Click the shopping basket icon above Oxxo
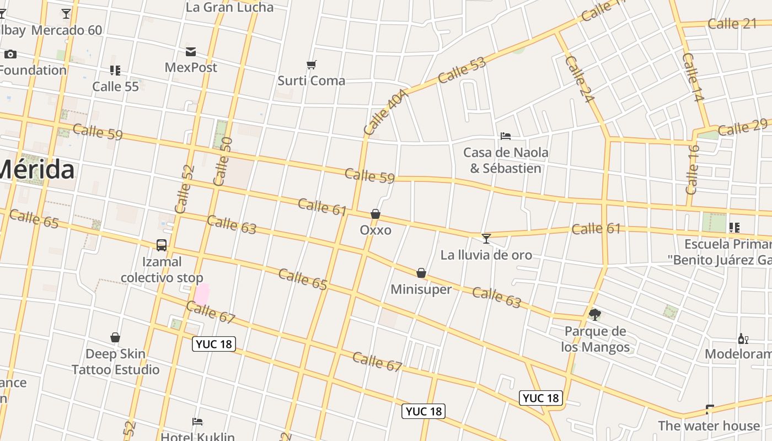coord(376,214)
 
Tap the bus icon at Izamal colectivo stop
coord(162,245)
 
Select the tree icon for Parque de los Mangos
coord(594,315)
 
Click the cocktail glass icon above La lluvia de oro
coord(486,238)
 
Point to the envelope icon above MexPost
coord(191,52)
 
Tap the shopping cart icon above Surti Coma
coord(311,65)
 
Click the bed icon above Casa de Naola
coord(505,136)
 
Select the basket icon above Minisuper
coord(421,273)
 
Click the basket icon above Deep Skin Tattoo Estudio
coord(115,337)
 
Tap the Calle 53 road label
coord(462,70)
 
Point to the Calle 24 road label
coord(579,79)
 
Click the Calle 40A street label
coord(387,112)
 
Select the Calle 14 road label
coord(693,77)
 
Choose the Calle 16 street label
coord(693,169)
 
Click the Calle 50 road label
coord(222,161)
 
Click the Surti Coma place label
coord(311,80)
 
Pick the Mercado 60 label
coord(67,30)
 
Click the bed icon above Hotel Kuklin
coord(197,422)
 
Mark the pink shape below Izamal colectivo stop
coord(202,294)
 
